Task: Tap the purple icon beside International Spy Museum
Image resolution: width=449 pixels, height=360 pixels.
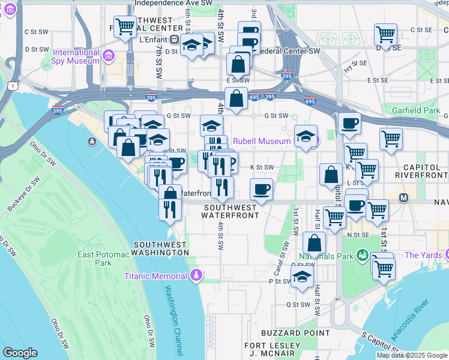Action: click(x=109, y=56)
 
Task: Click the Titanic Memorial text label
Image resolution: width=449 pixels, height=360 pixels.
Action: click(x=156, y=276)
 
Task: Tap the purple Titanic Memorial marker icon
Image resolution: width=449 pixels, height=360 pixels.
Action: click(x=196, y=276)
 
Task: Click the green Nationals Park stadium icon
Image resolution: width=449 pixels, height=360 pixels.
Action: click(x=362, y=256)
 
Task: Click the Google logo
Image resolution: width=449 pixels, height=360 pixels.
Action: click(x=20, y=353)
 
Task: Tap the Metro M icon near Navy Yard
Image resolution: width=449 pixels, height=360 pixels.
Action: click(x=403, y=197)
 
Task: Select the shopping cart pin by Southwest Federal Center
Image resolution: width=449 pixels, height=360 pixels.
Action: click(x=125, y=26)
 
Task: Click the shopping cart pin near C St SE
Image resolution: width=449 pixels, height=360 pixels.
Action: click(x=385, y=34)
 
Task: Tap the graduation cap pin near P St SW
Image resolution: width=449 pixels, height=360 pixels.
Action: click(x=302, y=277)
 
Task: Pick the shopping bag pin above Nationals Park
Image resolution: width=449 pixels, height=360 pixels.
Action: click(x=314, y=243)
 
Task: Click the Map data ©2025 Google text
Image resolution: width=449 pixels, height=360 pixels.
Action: click(x=412, y=355)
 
